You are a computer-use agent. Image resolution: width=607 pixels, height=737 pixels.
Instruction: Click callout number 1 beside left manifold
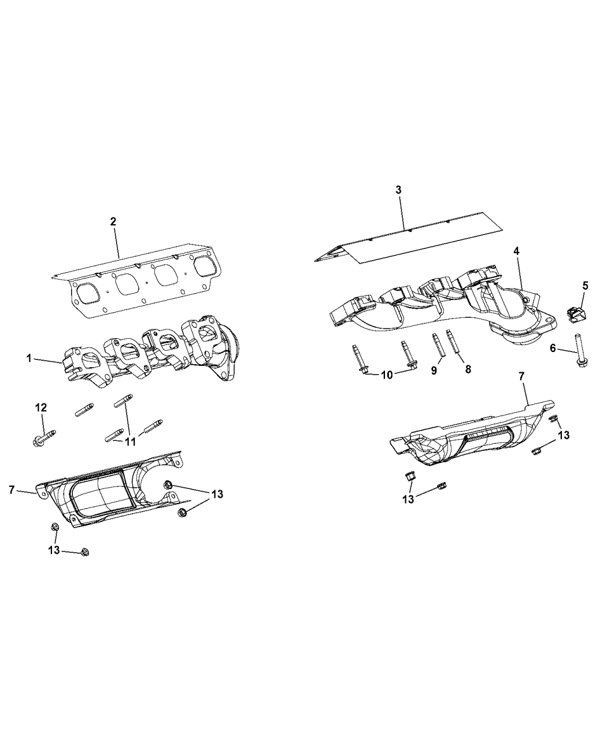[28, 359]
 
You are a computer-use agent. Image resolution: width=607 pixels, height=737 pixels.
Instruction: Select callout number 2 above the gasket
[113, 221]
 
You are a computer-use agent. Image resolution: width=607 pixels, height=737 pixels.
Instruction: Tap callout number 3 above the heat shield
[398, 190]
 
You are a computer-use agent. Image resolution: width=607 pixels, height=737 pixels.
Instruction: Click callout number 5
[585, 285]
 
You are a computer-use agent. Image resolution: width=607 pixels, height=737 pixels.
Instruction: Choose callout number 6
[552, 348]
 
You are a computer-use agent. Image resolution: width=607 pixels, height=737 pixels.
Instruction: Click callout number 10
[386, 375]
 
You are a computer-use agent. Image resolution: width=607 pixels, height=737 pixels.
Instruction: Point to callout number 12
[41, 408]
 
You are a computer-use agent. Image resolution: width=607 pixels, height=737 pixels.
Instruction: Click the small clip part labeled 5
[576, 313]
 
